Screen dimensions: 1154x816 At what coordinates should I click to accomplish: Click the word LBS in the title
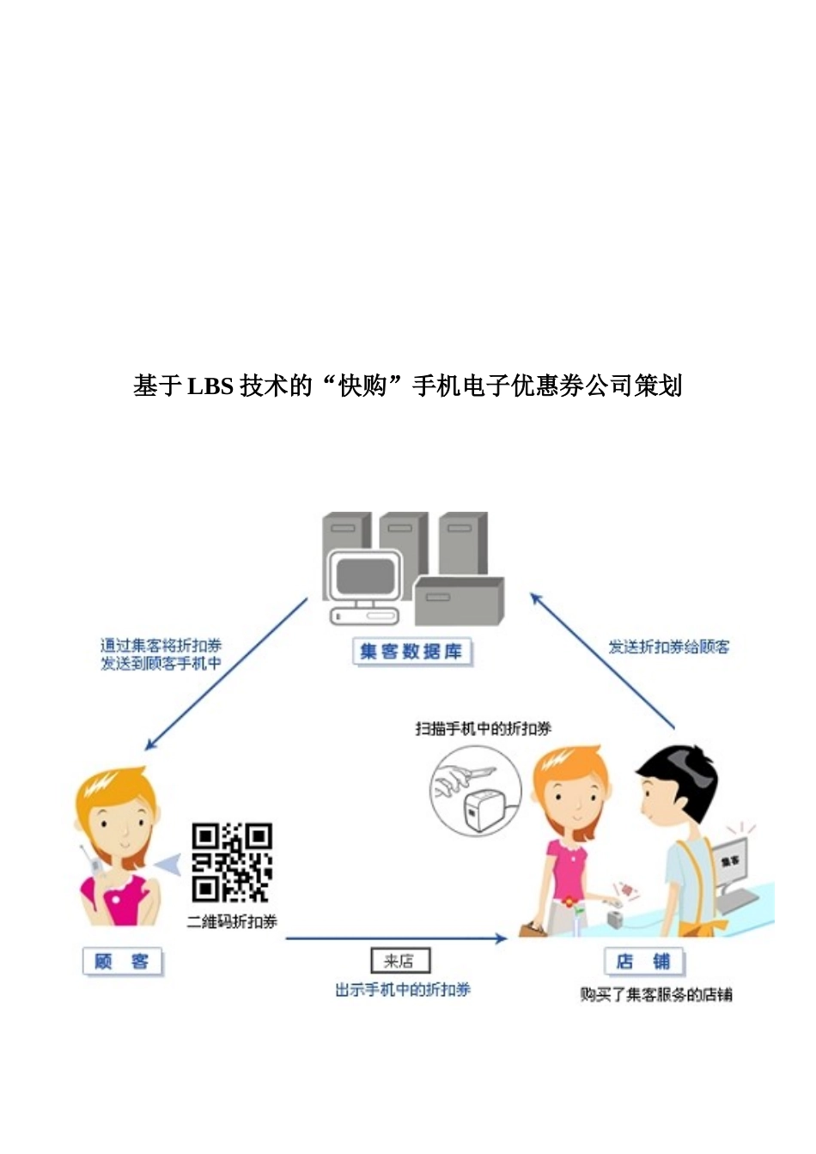(x=210, y=386)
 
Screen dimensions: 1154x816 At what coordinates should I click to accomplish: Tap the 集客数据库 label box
(x=411, y=652)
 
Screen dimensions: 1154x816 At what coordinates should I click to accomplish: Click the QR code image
(x=232, y=862)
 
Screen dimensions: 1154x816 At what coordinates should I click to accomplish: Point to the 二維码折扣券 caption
(x=232, y=921)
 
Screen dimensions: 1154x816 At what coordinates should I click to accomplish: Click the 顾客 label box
(x=122, y=962)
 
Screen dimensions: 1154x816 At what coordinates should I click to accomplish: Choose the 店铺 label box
(x=643, y=962)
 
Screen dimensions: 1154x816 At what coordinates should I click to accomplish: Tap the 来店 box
(x=399, y=961)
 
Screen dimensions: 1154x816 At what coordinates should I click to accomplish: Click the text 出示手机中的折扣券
(x=403, y=990)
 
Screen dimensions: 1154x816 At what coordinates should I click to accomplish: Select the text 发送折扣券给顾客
(x=668, y=647)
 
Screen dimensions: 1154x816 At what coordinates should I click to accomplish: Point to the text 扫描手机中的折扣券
(x=484, y=728)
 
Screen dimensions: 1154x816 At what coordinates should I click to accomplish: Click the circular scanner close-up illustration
(x=475, y=791)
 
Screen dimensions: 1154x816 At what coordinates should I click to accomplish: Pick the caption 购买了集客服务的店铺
(x=656, y=994)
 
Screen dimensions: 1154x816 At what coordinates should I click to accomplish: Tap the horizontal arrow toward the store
(x=395, y=938)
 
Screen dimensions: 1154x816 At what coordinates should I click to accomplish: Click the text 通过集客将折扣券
(x=161, y=646)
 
